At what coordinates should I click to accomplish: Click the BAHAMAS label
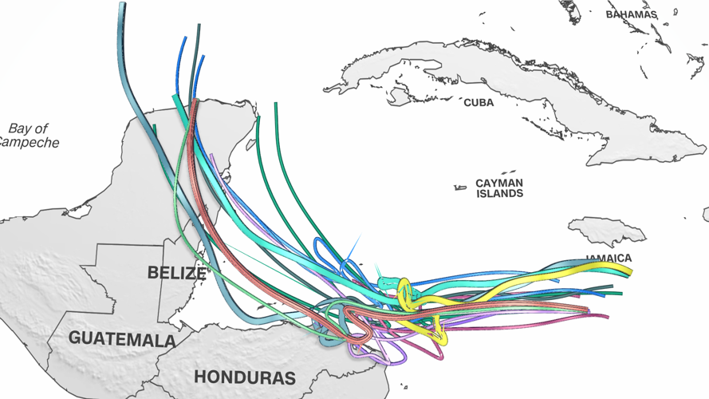click(631, 14)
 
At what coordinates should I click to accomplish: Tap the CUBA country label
click(479, 103)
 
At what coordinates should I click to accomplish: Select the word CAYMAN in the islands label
click(499, 184)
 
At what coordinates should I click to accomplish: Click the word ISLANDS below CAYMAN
click(499, 194)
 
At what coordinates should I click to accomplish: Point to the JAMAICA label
click(609, 258)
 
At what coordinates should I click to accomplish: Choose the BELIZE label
click(176, 273)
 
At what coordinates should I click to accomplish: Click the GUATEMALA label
click(122, 339)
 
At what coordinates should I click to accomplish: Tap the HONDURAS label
click(245, 377)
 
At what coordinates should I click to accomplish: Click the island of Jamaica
click(606, 231)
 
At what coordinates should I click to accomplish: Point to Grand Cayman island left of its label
click(460, 188)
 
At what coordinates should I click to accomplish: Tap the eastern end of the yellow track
click(629, 271)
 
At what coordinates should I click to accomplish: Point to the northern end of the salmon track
click(195, 102)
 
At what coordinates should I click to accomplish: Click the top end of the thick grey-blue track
click(122, 6)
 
